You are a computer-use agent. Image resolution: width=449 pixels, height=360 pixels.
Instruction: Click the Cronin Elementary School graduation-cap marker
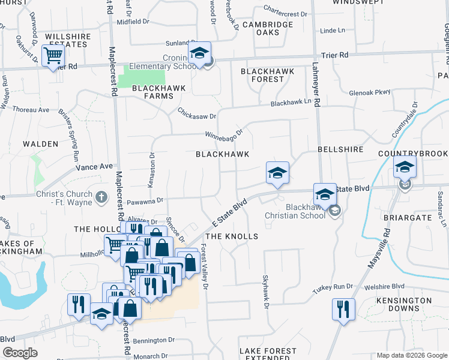click(x=200, y=53)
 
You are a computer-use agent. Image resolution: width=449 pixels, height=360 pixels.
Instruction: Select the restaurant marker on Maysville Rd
click(x=343, y=310)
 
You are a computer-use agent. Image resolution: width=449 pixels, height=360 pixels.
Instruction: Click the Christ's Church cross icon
click(x=101, y=196)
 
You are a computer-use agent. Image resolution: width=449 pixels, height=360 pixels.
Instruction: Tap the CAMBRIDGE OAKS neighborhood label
click(x=268, y=28)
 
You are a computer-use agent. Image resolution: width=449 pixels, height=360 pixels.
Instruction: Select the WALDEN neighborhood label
click(x=41, y=144)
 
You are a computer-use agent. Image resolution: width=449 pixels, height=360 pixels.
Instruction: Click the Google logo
click(x=20, y=353)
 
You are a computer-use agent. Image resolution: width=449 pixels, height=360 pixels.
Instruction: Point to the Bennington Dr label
click(x=152, y=340)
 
